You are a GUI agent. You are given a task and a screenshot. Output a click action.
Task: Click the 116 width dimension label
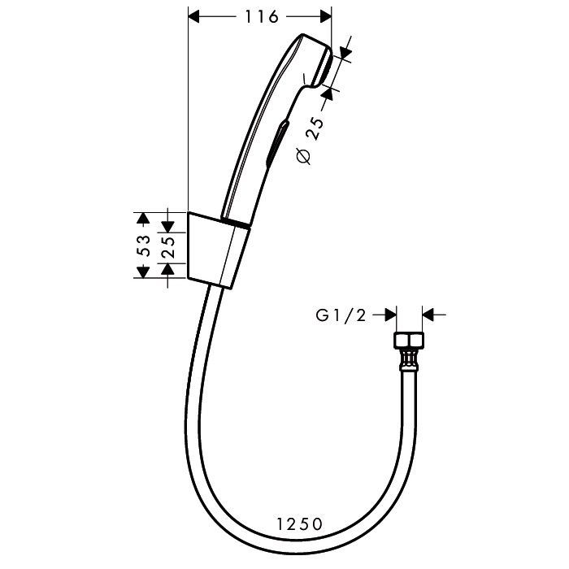pyautogui.click(x=261, y=17)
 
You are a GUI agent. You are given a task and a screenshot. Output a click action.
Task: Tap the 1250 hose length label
pyautogui.click(x=299, y=524)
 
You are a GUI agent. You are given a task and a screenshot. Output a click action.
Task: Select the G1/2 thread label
pyautogui.click(x=341, y=315)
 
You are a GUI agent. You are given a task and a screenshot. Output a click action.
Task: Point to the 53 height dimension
pyautogui.click(x=145, y=245)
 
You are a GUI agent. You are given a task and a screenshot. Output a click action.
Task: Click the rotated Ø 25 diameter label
pyautogui.click(x=311, y=141)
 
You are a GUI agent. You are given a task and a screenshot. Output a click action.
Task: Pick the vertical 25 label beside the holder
pyautogui.click(x=167, y=247)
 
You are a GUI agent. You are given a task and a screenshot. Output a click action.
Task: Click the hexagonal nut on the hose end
pyautogui.click(x=409, y=341)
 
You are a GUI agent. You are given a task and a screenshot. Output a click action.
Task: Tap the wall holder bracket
pyautogui.click(x=218, y=250)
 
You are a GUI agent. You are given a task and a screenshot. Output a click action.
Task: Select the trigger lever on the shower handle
pyautogui.click(x=278, y=144)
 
